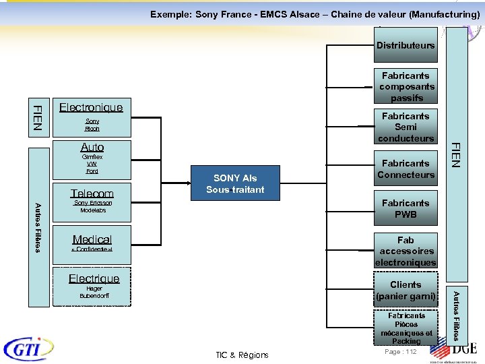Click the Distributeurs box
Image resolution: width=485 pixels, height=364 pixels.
(406, 46)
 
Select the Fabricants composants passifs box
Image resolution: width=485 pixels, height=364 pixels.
(406, 86)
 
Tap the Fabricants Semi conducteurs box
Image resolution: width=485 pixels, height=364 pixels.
(406, 127)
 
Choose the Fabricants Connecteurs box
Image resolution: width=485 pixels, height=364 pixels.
(406, 169)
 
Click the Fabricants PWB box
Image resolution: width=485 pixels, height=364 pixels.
(406, 208)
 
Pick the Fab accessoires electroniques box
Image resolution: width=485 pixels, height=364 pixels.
(406, 251)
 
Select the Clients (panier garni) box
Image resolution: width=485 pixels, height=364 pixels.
(406, 290)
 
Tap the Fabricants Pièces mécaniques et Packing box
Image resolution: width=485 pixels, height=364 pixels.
(406, 328)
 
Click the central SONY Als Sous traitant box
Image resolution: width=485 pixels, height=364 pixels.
(235, 183)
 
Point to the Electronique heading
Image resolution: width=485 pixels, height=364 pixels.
(91, 107)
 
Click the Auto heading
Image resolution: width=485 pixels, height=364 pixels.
(92, 147)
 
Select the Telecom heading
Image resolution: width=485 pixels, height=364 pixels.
(92, 193)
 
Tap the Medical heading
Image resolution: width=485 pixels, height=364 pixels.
(92, 239)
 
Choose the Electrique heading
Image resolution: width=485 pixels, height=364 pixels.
(94, 278)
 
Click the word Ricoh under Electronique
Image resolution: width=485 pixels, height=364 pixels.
(92, 129)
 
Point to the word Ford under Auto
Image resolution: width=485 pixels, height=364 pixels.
(92, 171)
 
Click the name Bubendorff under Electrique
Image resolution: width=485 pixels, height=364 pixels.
(94, 296)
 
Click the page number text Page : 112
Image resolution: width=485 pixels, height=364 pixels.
(400, 352)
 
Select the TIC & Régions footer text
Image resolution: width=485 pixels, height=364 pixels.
(242, 355)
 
